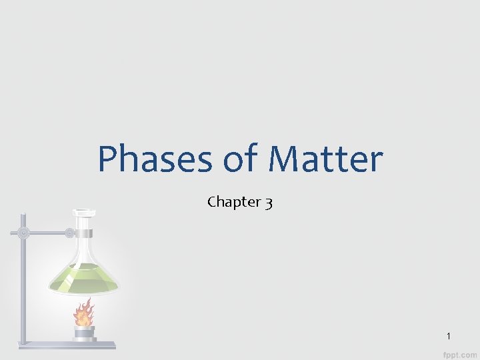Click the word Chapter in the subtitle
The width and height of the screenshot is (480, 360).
coord(233,201)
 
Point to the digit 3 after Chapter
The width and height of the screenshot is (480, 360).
coord(268,202)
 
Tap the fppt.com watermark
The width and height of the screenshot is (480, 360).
coord(461,352)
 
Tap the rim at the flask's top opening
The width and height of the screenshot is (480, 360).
coord(83,213)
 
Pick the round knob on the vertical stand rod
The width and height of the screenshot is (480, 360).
coord(24,233)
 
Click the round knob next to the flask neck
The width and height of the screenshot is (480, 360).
coord(69,233)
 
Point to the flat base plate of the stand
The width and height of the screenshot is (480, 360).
coord(67,345)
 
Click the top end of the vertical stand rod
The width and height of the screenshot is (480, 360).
coord(23,216)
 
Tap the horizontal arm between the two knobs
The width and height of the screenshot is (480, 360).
coord(47,233)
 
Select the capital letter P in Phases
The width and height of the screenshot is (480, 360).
coord(109,160)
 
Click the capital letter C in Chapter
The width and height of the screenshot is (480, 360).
coord(212,201)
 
